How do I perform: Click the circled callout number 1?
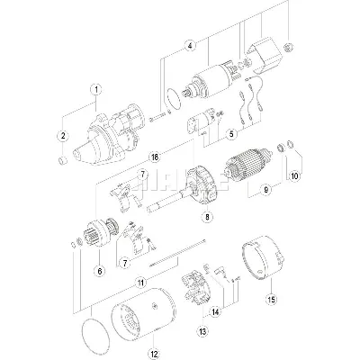pyautogui.click(x=96, y=89)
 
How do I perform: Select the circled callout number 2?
pyautogui.click(x=62, y=135)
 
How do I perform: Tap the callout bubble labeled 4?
pyautogui.click(x=190, y=44)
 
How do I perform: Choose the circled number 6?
pyautogui.click(x=99, y=268)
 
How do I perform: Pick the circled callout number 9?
pyautogui.click(x=266, y=189)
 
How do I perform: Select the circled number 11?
pyautogui.click(x=140, y=283)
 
